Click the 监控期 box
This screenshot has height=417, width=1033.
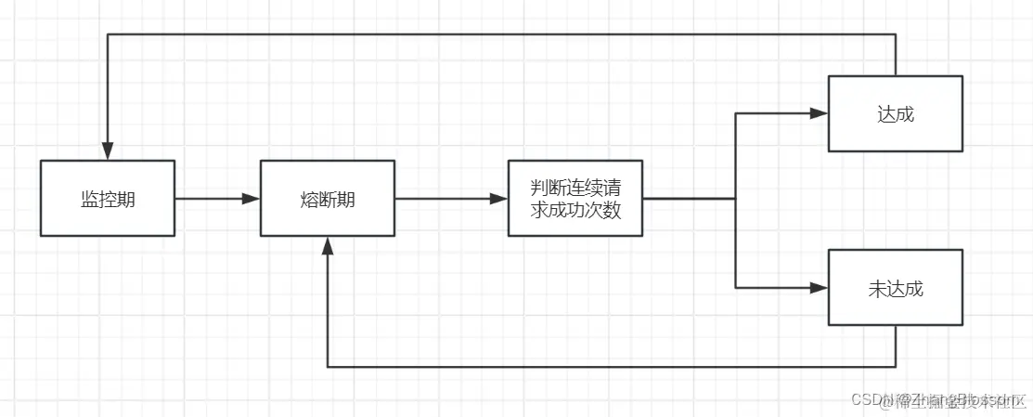pyautogui.click(x=108, y=198)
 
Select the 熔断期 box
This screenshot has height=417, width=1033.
pyautogui.click(x=327, y=198)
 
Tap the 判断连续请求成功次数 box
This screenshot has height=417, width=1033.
pyautogui.click(x=575, y=198)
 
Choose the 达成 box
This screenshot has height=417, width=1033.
pyautogui.click(x=895, y=113)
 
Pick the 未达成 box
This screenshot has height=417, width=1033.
pyautogui.click(x=895, y=288)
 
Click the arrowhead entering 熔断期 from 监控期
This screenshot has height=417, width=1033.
pyautogui.click(x=251, y=198)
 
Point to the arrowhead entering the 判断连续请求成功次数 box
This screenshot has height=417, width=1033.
pyautogui.click(x=499, y=198)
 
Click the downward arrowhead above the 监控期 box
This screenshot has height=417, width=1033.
pyautogui.click(x=108, y=150)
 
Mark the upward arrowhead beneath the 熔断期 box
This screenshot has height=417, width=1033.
pyautogui.click(x=327, y=245)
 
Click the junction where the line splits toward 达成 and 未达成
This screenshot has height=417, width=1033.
pyautogui.click(x=735, y=198)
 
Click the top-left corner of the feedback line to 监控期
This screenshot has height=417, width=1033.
pyautogui.click(x=108, y=34)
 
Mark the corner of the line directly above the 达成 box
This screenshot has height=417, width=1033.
pyautogui.click(x=896, y=34)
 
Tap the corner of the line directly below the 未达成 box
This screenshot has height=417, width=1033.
pyautogui.click(x=896, y=367)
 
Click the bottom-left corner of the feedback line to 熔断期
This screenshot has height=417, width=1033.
pyautogui.click(x=327, y=367)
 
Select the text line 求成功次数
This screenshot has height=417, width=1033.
pyautogui.click(x=575, y=210)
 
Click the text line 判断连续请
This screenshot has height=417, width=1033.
pyautogui.click(x=575, y=187)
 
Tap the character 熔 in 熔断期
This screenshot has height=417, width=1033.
pyautogui.click(x=309, y=199)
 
